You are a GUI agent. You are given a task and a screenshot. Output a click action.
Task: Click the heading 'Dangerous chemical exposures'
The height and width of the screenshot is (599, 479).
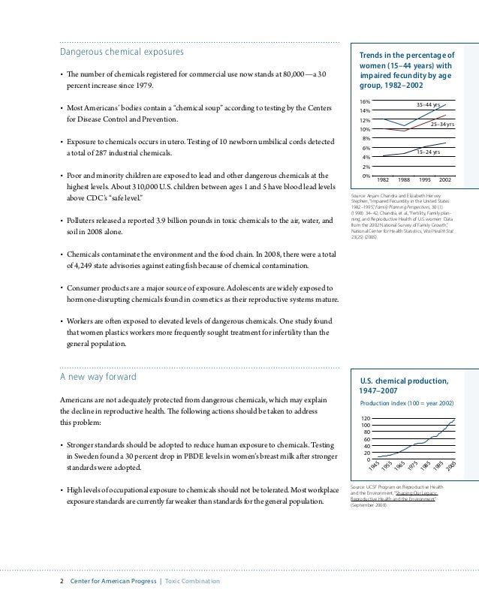click(122, 53)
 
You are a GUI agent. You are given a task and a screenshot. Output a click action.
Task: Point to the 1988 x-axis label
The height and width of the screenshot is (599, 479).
click(403, 181)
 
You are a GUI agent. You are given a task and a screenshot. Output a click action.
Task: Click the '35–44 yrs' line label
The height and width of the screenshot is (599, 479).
click(429, 105)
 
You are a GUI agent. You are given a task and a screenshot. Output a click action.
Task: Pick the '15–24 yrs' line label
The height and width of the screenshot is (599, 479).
click(428, 152)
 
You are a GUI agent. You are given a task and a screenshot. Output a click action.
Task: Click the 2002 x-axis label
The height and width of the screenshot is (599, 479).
click(444, 181)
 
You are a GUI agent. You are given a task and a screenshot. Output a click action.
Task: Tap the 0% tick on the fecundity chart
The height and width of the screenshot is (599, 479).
click(366, 176)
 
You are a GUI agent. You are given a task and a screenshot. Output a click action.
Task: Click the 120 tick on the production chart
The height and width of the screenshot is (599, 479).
click(365, 418)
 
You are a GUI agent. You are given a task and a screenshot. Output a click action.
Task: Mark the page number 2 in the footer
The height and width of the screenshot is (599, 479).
click(62, 582)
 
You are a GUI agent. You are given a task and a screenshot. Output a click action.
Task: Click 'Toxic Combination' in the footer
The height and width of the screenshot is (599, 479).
click(193, 582)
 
